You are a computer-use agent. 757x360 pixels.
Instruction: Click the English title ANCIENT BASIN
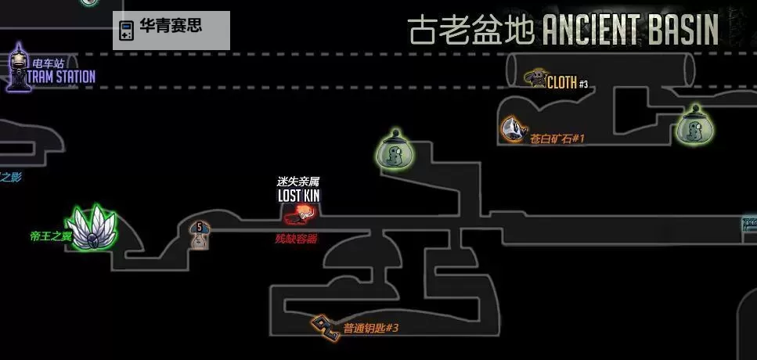point(630,31)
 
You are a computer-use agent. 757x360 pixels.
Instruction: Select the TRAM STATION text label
point(61,77)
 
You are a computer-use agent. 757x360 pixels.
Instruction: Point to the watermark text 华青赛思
point(170,26)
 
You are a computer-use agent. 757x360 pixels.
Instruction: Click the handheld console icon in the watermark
point(125,31)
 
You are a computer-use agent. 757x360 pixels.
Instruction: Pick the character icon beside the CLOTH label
point(535,77)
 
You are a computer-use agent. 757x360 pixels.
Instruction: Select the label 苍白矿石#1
point(557,139)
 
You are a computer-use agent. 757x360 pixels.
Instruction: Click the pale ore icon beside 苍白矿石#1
point(513,129)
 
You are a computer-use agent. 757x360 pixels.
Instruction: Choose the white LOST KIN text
point(298,196)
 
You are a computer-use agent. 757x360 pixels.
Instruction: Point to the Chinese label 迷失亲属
point(298,182)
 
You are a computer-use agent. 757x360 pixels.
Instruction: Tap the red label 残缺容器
point(296,239)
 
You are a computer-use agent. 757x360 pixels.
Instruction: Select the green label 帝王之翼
point(50,236)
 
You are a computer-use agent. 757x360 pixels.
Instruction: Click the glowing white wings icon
point(93,229)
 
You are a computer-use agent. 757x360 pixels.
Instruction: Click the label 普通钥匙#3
point(371,328)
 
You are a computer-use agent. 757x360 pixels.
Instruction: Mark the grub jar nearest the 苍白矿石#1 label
point(693,125)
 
